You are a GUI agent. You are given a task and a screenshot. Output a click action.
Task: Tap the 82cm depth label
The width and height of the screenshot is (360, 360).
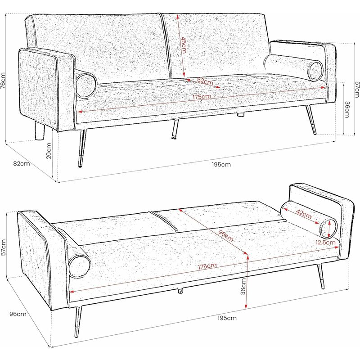(22, 163)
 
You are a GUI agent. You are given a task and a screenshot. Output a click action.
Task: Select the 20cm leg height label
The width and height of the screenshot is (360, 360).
(49, 151)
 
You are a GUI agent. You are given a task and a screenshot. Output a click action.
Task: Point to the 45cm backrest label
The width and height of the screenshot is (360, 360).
(184, 45)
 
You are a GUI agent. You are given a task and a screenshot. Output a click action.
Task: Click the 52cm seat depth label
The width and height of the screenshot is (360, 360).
(205, 81)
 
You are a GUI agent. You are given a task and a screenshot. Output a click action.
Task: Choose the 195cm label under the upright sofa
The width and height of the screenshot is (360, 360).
(221, 164)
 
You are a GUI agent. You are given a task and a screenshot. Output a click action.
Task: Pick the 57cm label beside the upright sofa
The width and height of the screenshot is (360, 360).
(357, 90)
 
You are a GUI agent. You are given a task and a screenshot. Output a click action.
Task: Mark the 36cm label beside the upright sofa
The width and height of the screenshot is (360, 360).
(347, 109)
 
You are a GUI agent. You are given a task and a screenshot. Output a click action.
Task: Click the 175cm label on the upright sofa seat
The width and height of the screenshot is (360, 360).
(202, 97)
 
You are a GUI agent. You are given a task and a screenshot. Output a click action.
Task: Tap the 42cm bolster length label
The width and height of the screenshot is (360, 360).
(303, 214)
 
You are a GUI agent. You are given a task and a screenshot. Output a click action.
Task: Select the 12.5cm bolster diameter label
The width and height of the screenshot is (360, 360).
(325, 242)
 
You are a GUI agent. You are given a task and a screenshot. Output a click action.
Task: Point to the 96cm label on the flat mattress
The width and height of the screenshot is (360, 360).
(226, 235)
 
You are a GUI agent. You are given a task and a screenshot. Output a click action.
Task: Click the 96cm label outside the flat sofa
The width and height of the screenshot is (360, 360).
(18, 314)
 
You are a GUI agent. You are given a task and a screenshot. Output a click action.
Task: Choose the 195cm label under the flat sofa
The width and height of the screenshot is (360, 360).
(227, 318)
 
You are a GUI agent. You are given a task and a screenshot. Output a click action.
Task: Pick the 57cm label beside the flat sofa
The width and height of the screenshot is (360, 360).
(4, 247)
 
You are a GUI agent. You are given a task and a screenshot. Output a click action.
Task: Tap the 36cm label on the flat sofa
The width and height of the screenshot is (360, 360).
(243, 286)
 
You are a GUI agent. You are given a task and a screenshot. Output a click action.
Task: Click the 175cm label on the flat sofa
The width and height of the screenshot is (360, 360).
(207, 266)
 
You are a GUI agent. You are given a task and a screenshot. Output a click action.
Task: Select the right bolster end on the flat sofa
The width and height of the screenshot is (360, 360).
(328, 229)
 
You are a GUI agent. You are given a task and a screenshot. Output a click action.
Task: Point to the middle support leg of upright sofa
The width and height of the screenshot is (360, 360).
(175, 129)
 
